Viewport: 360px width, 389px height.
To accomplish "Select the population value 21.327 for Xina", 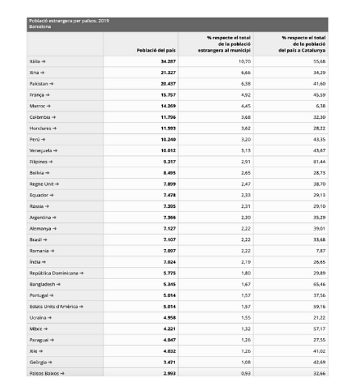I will [168, 73].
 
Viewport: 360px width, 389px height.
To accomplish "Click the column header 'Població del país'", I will [152, 51].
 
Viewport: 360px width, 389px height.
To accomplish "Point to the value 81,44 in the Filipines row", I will [318, 162].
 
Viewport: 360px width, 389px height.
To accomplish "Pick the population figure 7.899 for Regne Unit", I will [169, 184].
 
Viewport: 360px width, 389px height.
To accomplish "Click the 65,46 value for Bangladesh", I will [318, 284].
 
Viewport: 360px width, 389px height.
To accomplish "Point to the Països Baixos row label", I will [47, 373].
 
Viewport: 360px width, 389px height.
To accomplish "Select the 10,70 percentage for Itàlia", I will [244, 61].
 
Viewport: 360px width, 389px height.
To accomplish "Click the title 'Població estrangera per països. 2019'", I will [69, 21].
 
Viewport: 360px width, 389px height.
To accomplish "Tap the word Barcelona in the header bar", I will [40, 26].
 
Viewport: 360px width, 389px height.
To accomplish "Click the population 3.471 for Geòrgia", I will [169, 362].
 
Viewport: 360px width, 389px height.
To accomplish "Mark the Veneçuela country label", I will [43, 151].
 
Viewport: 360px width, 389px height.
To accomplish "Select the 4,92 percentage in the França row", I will [245, 95].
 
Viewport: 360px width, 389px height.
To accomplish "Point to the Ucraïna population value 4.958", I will [169, 318].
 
